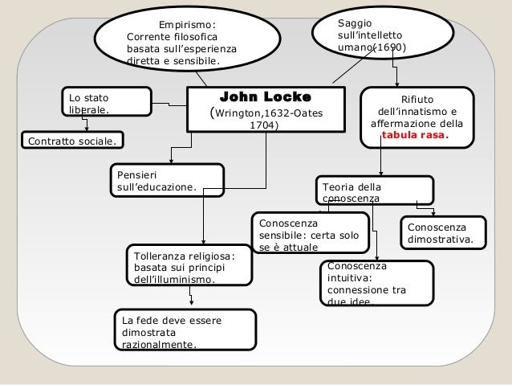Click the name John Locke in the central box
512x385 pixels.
tap(265, 96)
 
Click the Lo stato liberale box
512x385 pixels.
tap(108, 102)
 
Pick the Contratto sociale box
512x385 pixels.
tap(71, 141)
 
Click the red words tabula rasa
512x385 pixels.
tap(416, 136)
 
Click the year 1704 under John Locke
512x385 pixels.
tap(266, 126)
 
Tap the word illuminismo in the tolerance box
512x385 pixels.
tap(173, 279)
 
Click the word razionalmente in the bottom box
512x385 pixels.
tap(156, 346)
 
